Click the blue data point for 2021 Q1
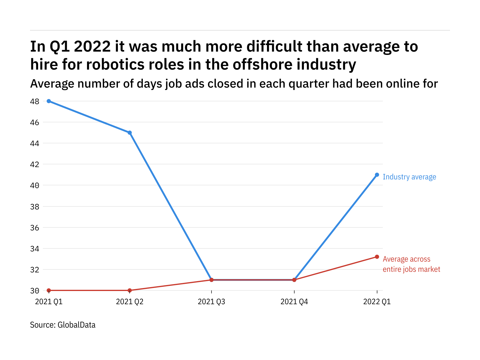[x=49, y=101]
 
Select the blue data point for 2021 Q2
[x=130, y=133]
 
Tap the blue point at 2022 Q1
[x=377, y=175]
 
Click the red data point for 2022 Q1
[x=377, y=257]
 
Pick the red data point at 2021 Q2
[x=130, y=290]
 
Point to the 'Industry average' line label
[x=409, y=177]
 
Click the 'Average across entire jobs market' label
[x=411, y=264]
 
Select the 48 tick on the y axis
[x=34, y=101]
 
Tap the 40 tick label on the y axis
[x=34, y=185]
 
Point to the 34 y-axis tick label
[x=34, y=249]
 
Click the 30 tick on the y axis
[x=34, y=291]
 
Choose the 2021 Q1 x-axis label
[x=49, y=302]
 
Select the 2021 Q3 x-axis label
[x=211, y=302]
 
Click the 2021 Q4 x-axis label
[x=294, y=302]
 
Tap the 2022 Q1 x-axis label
[x=377, y=302]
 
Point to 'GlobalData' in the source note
[x=76, y=325]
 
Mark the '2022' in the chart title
[x=92, y=46]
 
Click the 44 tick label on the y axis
[x=34, y=143]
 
